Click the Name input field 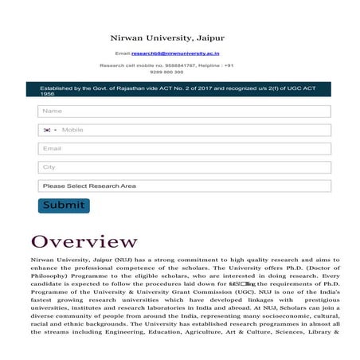pyautogui.click(x=184, y=112)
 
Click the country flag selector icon pyautogui.click(x=49, y=130)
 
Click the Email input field pyautogui.click(x=184, y=148)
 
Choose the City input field pyautogui.click(x=184, y=167)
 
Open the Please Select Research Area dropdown pyautogui.click(x=184, y=186)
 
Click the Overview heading pyautogui.click(x=84, y=241)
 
